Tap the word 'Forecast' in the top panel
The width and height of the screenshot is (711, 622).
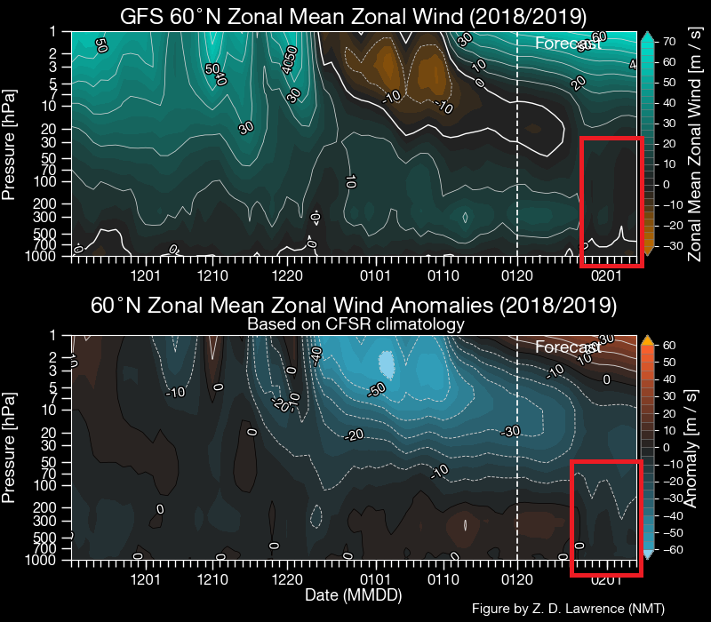[x=568, y=43]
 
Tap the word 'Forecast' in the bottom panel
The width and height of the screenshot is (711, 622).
[x=568, y=347]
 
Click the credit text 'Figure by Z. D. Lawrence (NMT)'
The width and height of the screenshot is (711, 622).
[x=569, y=608]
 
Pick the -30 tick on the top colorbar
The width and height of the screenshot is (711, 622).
[x=671, y=245]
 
